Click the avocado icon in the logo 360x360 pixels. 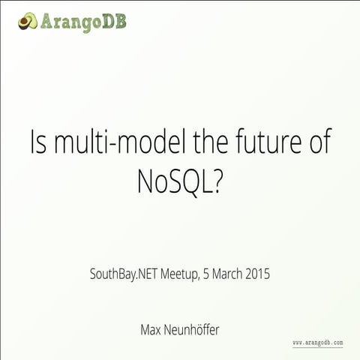(x=28, y=20)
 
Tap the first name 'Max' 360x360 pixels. (x=151, y=328)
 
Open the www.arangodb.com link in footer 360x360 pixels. (x=317, y=342)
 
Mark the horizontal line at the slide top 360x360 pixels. (x=180, y=2)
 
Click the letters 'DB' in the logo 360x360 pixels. (x=115, y=20)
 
